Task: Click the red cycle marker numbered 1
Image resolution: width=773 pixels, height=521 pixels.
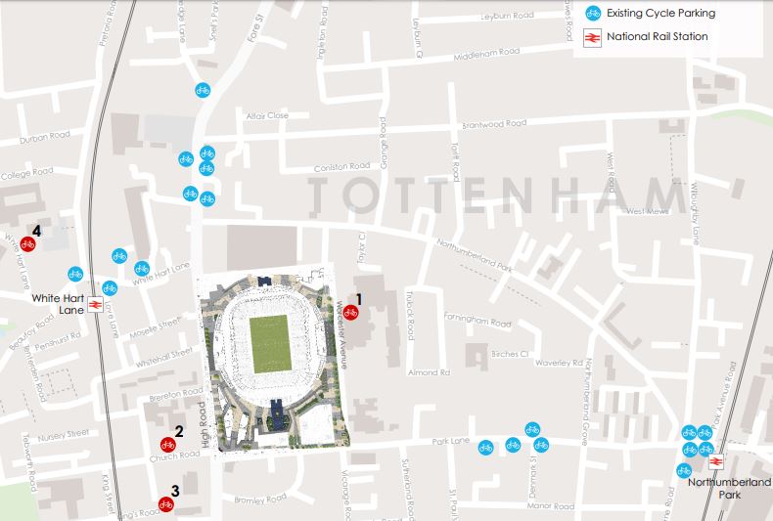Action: point(350,313)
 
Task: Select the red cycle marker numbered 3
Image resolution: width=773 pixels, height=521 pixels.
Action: point(165,504)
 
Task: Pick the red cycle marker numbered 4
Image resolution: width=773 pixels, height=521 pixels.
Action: point(28,244)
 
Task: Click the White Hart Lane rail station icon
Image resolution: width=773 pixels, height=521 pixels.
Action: point(95,304)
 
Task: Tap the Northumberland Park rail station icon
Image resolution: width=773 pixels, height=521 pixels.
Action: point(715,461)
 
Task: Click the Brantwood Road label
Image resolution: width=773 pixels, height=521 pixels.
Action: point(493,124)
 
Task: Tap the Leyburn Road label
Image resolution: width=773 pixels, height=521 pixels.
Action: point(506,17)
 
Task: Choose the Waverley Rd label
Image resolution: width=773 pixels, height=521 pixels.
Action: point(559,363)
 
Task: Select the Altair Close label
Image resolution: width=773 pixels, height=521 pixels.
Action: point(267,115)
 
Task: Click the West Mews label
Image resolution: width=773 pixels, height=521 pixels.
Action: point(647,211)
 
